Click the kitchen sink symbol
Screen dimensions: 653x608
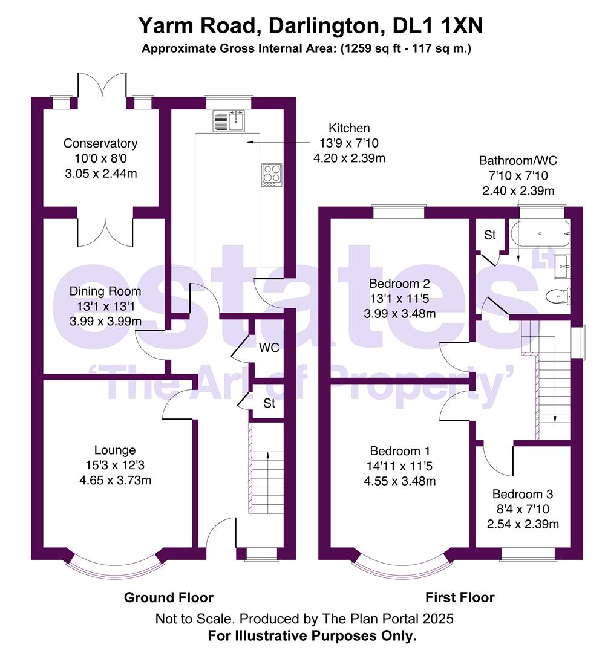pos(229,120)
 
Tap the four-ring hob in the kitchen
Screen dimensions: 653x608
pos(272,174)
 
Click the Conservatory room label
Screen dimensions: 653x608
pos(100,143)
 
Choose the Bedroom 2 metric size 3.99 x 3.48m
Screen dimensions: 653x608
pos(399,314)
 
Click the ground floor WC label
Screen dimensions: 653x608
pos(269,348)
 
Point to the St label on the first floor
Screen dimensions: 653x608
pos(489,235)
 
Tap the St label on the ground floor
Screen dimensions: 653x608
pos(269,403)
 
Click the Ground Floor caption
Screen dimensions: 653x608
pos(169,597)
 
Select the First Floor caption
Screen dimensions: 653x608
pos(460,597)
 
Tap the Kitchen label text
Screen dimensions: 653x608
pos(349,128)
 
